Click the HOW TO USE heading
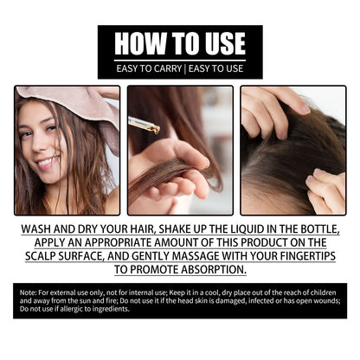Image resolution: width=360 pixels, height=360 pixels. pyautogui.click(x=179, y=43)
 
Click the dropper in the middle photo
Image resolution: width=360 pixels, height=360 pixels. pyautogui.click(x=144, y=125)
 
